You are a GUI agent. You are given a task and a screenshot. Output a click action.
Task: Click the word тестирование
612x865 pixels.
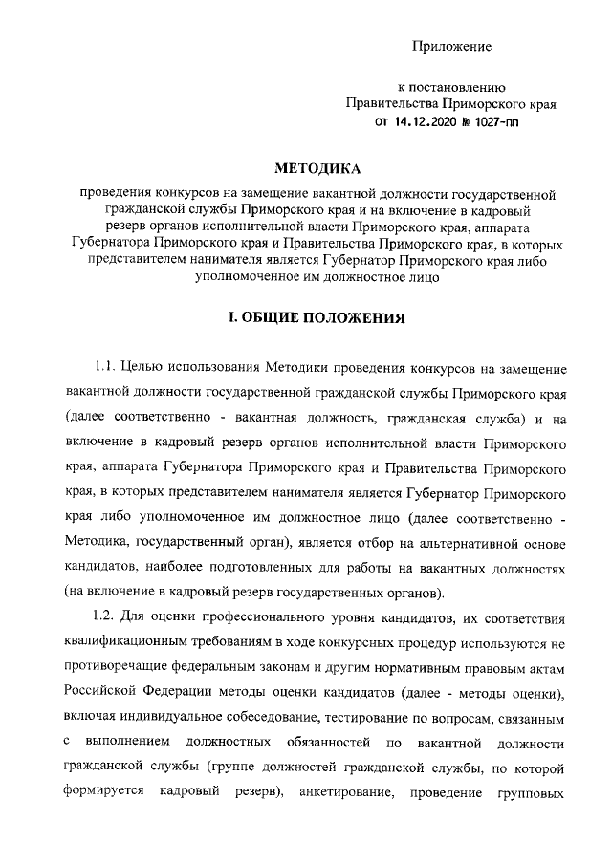(x=368, y=715)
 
